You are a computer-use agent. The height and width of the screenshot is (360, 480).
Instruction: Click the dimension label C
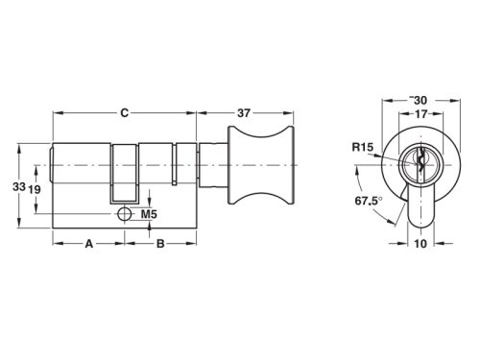124,113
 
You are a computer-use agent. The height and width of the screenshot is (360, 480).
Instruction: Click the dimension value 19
34,190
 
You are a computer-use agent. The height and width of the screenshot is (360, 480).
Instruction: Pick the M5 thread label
149,213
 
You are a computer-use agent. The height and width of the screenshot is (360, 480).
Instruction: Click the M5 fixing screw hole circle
124,213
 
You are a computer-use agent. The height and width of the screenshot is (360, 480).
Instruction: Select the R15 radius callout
362,147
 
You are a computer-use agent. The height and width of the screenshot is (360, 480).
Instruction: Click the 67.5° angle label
369,204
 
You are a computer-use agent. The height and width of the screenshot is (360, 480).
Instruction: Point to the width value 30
419,99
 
